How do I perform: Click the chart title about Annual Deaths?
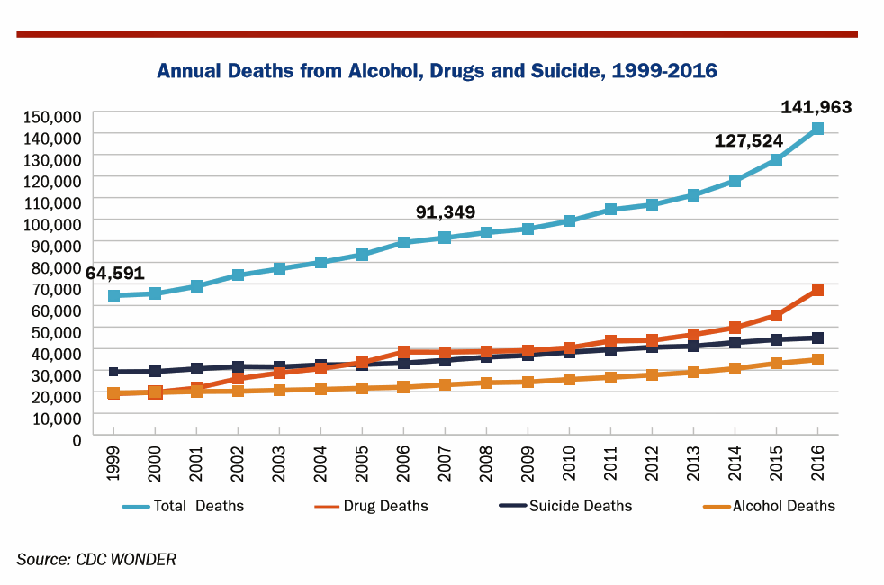pyautogui.click(x=437, y=71)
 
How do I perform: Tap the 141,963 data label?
pyautogui.click(x=816, y=108)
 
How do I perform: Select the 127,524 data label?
pyautogui.click(x=748, y=141)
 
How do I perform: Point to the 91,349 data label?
pyautogui.click(x=445, y=212)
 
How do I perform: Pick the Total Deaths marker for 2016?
pyautogui.click(x=817, y=129)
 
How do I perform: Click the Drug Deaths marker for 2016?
pyautogui.click(x=817, y=290)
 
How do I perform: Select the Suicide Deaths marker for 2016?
pyautogui.click(x=817, y=337)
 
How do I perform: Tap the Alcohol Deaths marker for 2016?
pyautogui.click(x=817, y=359)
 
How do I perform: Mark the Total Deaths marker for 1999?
pyautogui.click(x=113, y=295)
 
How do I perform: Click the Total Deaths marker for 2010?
pyautogui.click(x=569, y=220)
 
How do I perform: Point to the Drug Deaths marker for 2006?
pyautogui.click(x=403, y=352)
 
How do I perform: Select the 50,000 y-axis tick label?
pyautogui.click(x=53, y=330)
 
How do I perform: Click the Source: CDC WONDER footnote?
pyautogui.click(x=96, y=559)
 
